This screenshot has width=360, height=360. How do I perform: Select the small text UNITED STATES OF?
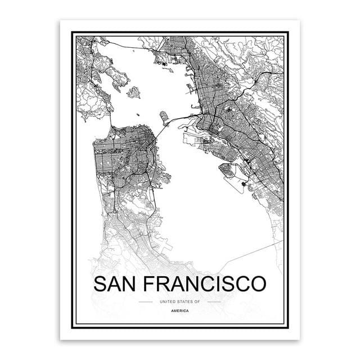[x=180, y=303]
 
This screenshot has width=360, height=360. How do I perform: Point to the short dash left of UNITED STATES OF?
[x=145, y=303]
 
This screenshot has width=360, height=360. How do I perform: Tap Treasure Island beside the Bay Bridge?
[x=165, y=116]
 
